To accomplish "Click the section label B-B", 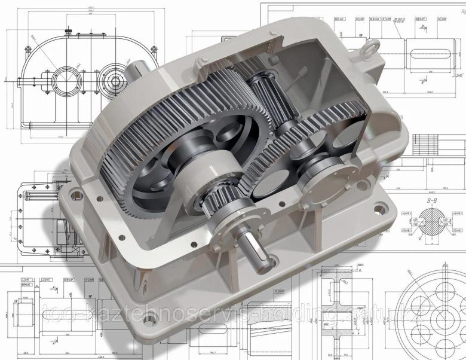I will (433, 202).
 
